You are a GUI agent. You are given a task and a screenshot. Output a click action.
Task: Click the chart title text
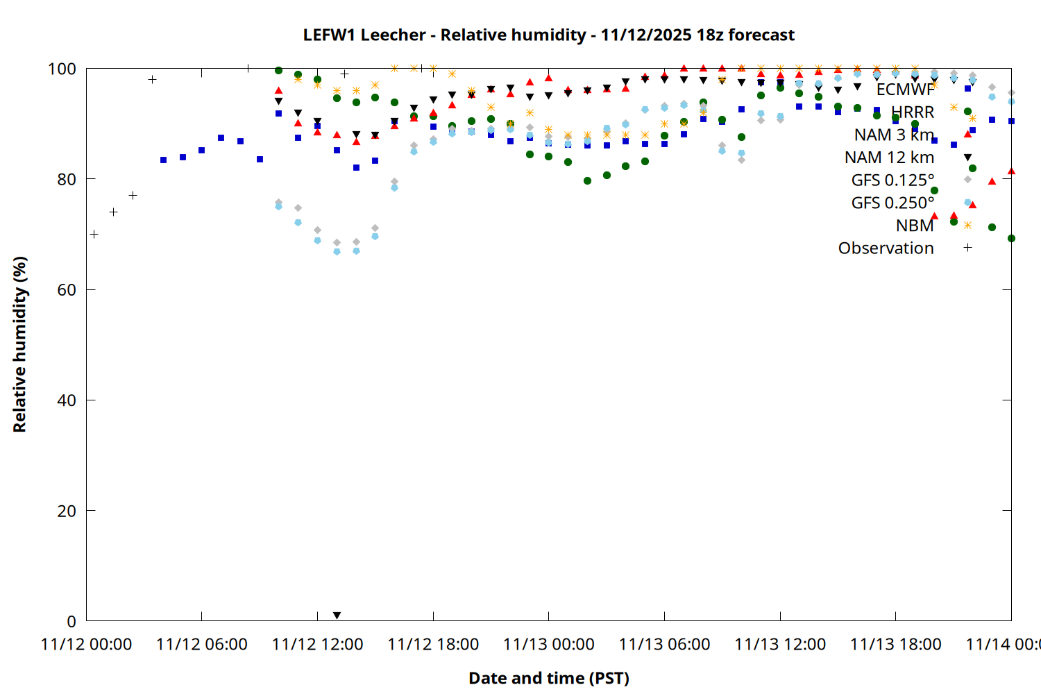[548, 35]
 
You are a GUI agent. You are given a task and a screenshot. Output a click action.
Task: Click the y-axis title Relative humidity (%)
[19, 344]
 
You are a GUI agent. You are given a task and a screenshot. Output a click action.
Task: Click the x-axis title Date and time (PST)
[548, 678]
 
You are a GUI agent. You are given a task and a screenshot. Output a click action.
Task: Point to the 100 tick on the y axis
[62, 69]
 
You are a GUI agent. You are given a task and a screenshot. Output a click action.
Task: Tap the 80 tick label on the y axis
[67, 179]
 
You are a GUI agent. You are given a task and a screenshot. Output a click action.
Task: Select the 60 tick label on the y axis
[67, 289]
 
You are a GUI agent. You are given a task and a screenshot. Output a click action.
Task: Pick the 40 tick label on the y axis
[67, 400]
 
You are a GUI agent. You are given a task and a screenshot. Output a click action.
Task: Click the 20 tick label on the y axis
[67, 511]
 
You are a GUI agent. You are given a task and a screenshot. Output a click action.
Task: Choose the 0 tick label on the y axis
[71, 621]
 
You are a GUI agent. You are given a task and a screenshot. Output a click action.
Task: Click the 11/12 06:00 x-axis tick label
[202, 645]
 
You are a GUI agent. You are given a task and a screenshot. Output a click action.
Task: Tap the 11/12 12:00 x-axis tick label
[318, 645]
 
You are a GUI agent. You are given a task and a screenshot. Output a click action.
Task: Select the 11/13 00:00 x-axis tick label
[549, 645]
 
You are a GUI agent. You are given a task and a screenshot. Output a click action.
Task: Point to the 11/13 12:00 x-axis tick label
[780, 645]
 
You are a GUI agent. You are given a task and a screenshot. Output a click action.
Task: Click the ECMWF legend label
[905, 90]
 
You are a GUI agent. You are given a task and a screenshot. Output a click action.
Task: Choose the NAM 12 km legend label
[889, 158]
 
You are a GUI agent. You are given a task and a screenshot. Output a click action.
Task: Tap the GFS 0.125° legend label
[892, 180]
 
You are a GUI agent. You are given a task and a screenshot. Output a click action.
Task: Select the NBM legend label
[915, 226]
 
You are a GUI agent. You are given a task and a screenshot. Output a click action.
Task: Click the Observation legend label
[886, 248]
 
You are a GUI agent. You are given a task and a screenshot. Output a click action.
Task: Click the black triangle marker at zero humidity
[337, 616]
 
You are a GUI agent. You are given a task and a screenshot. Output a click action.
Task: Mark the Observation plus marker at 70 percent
[94, 235]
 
